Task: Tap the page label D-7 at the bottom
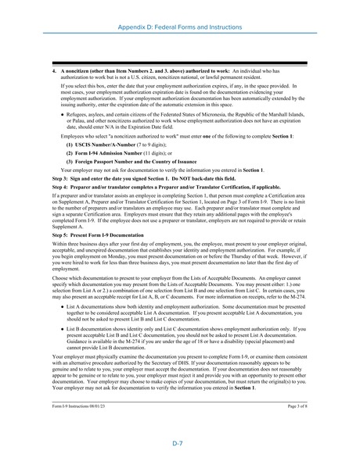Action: [179, 442]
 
